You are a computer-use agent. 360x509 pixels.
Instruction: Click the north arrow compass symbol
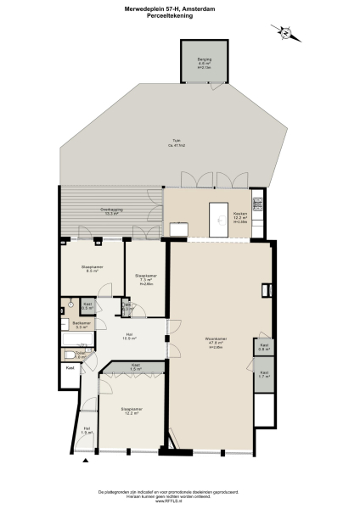[x=286, y=33]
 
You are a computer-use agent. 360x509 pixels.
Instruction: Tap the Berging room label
[x=204, y=63]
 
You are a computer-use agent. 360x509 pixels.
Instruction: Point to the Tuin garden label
[x=177, y=143]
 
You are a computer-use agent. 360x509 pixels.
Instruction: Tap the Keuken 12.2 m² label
[x=240, y=217]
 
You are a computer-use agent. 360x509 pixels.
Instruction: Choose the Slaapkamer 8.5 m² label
[x=92, y=268]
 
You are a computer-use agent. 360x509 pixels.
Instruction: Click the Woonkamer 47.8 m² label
[x=214, y=344]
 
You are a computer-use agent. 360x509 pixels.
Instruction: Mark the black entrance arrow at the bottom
[x=85, y=462]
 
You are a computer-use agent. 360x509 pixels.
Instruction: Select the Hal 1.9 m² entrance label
[x=86, y=430]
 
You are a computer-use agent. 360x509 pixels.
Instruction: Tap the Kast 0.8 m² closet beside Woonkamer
[x=264, y=346]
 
